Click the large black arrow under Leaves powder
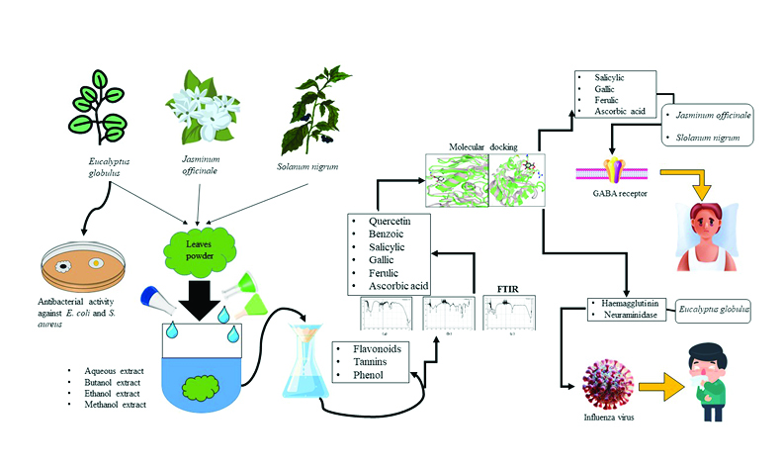(x=201, y=298)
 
